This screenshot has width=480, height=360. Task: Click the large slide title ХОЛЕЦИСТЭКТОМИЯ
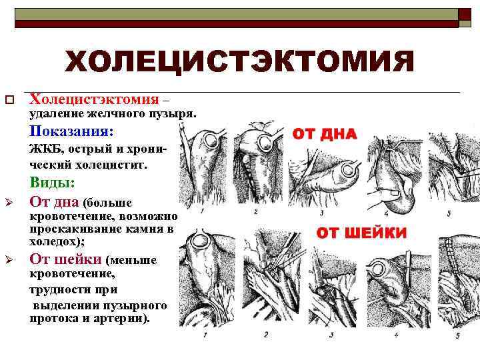tap(239, 63)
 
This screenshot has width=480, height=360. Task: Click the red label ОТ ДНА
tap(325, 134)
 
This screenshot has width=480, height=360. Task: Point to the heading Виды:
tap(52, 182)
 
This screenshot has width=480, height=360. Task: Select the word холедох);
tap(57, 241)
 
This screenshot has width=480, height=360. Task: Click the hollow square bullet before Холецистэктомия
tap(9, 101)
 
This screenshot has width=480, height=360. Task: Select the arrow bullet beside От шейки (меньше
tap(9, 260)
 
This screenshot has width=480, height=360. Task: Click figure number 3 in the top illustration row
tap(322, 213)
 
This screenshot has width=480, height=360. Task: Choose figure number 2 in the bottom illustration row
tap(265, 333)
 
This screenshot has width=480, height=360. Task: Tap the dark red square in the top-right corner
tap(464, 15)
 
